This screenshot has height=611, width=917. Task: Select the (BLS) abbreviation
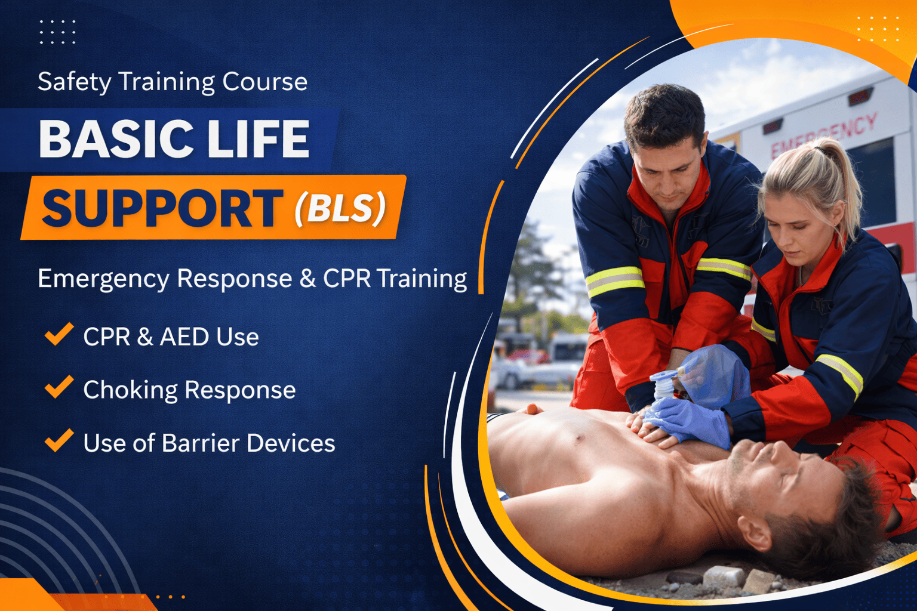[340, 208]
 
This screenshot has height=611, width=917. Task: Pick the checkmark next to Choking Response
[59, 387]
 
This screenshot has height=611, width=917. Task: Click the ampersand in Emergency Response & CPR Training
[307, 279]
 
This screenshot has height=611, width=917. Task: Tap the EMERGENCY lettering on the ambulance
[824, 135]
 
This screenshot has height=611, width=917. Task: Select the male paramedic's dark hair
[664, 113]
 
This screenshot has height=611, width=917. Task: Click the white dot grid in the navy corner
[57, 32]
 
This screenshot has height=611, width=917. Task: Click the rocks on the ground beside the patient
[722, 578]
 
